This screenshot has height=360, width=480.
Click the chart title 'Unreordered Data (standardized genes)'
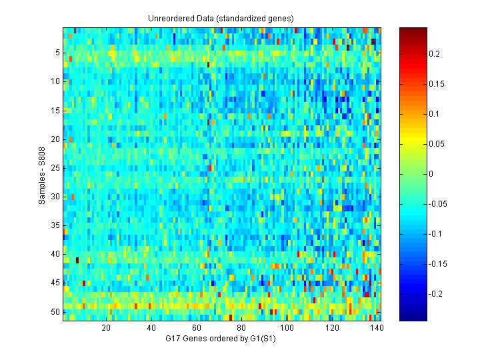pos(221,18)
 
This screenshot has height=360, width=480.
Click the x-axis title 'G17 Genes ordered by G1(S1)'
pos(221,339)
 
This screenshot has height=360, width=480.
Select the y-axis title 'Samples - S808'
pos(42,175)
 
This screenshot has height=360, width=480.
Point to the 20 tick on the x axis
pos(106,328)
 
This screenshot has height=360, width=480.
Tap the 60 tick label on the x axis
pos(197,328)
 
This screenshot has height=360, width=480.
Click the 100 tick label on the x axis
pos(287,328)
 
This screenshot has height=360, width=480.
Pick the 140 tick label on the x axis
pos(378,328)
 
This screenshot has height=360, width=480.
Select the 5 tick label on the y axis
pos(57,52)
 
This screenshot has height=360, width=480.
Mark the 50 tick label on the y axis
pos(55,311)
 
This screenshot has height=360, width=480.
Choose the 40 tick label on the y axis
pos(55,254)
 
